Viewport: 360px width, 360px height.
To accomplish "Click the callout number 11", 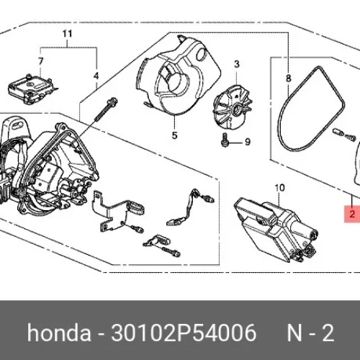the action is tap(67, 34).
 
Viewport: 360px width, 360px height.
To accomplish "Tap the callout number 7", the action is tap(40, 61).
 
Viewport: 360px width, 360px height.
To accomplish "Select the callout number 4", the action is tap(96, 76).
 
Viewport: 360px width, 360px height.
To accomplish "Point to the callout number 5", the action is tap(175, 135).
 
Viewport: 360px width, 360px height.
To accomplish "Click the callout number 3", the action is tap(237, 64).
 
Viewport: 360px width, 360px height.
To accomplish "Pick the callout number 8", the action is tap(288, 78).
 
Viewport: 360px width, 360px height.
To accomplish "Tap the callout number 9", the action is tap(248, 142).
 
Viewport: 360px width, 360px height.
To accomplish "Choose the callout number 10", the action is tap(279, 188).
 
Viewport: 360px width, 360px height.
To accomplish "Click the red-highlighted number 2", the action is tap(352, 214).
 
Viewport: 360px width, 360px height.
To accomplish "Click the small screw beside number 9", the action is tap(224, 140).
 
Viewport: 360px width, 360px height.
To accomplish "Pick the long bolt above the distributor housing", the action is tap(105, 110).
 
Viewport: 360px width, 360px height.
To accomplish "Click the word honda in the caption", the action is tap(59, 333).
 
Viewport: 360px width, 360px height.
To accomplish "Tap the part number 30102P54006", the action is tap(184, 333).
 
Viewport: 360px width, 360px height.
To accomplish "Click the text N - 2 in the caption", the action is tap(310, 333).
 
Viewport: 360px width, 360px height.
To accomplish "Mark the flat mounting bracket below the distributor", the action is tap(108, 211).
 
